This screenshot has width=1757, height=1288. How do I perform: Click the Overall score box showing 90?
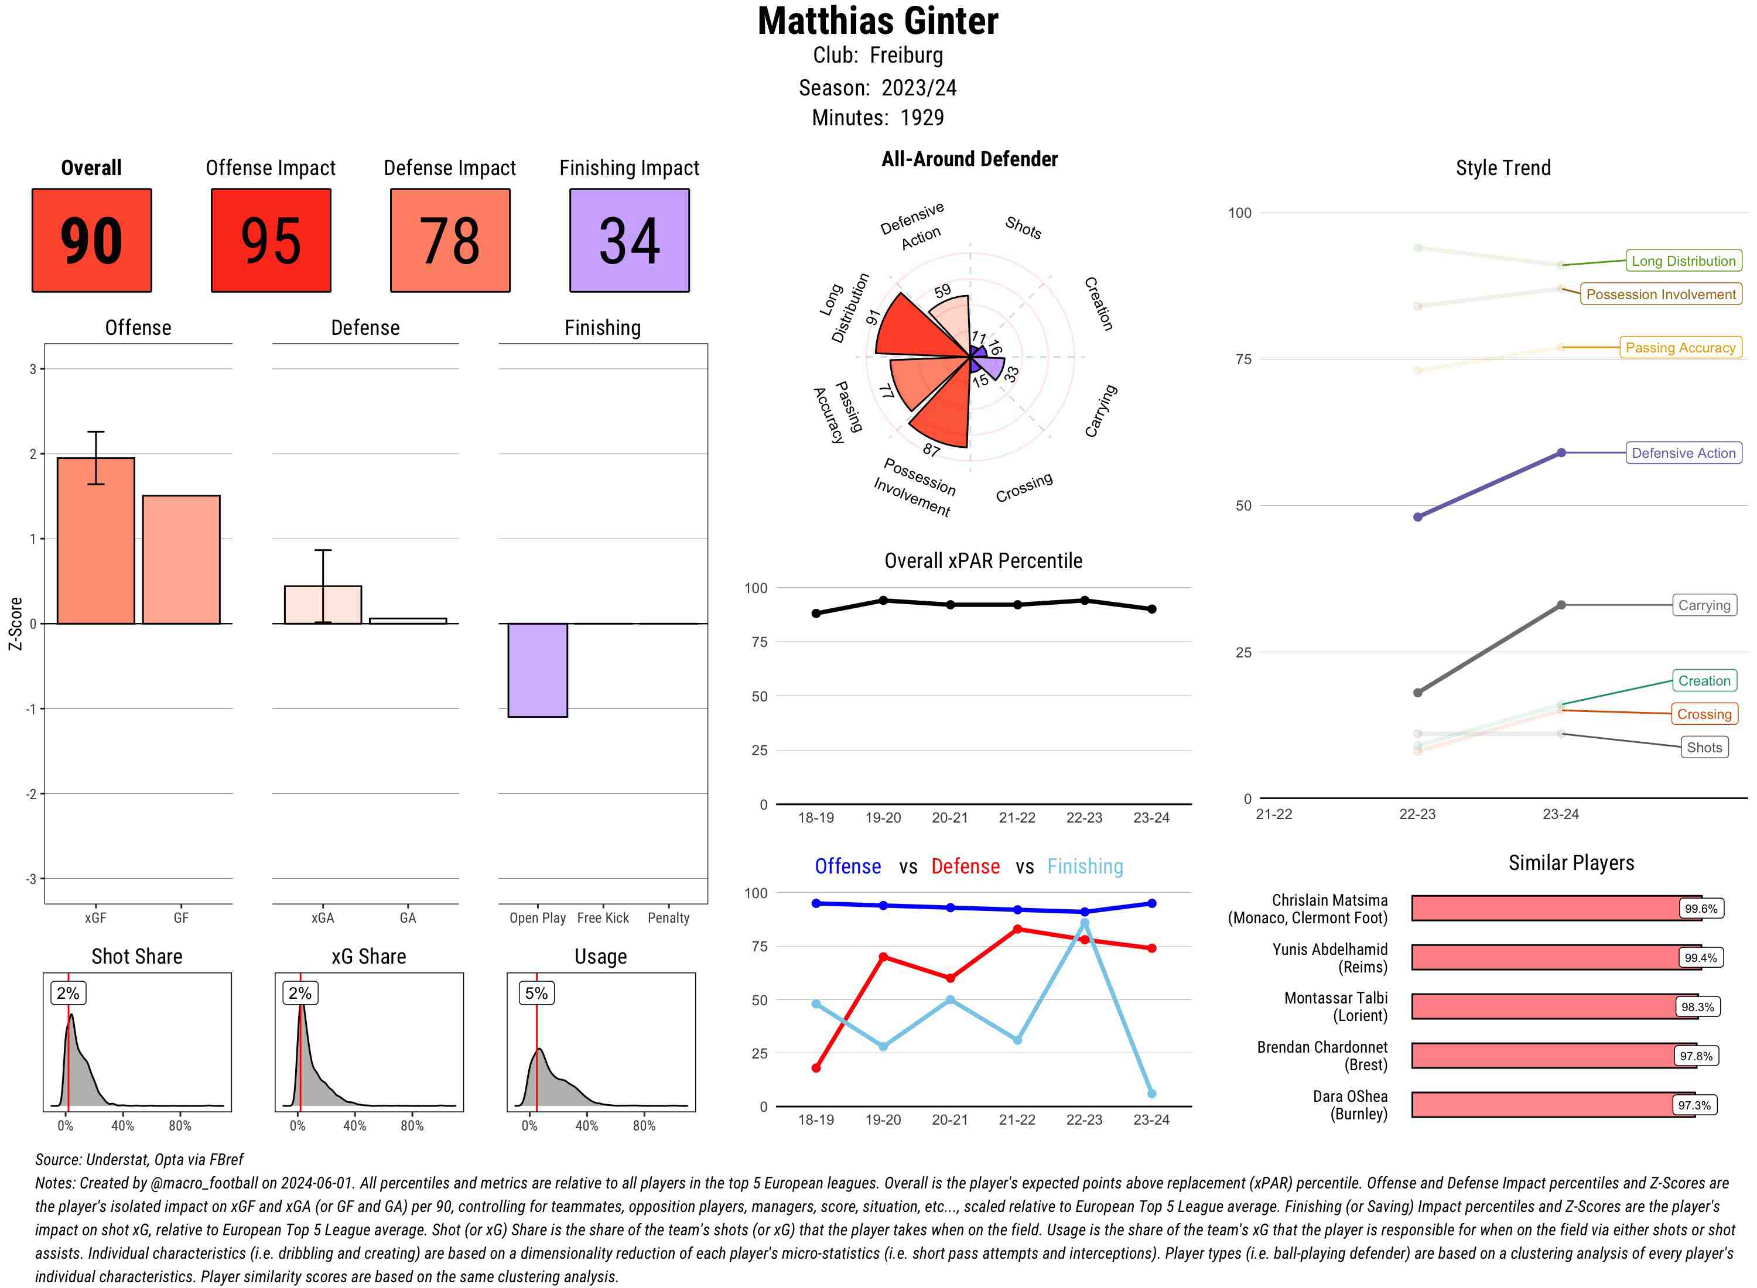pyautogui.click(x=91, y=240)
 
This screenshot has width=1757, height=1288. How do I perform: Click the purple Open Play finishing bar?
pyautogui.click(x=537, y=670)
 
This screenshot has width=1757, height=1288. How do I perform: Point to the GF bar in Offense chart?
pyautogui.click(x=181, y=559)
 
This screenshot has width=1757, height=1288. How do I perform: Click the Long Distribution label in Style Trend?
pyautogui.click(x=1683, y=261)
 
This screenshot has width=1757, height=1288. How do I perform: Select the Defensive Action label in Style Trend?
pyautogui.click(x=1683, y=453)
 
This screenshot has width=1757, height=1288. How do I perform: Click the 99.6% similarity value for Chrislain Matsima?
pyautogui.click(x=1700, y=908)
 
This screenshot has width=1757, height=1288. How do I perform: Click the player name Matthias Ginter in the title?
pyautogui.click(x=877, y=21)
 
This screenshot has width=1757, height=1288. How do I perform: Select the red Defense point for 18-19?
pyautogui.click(x=816, y=1067)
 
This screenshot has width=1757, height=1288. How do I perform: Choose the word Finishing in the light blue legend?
pyautogui.click(x=1085, y=866)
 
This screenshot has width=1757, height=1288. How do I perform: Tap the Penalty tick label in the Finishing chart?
pyautogui.click(x=668, y=917)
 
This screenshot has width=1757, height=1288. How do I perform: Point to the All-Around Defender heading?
pyautogui.click(x=969, y=159)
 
